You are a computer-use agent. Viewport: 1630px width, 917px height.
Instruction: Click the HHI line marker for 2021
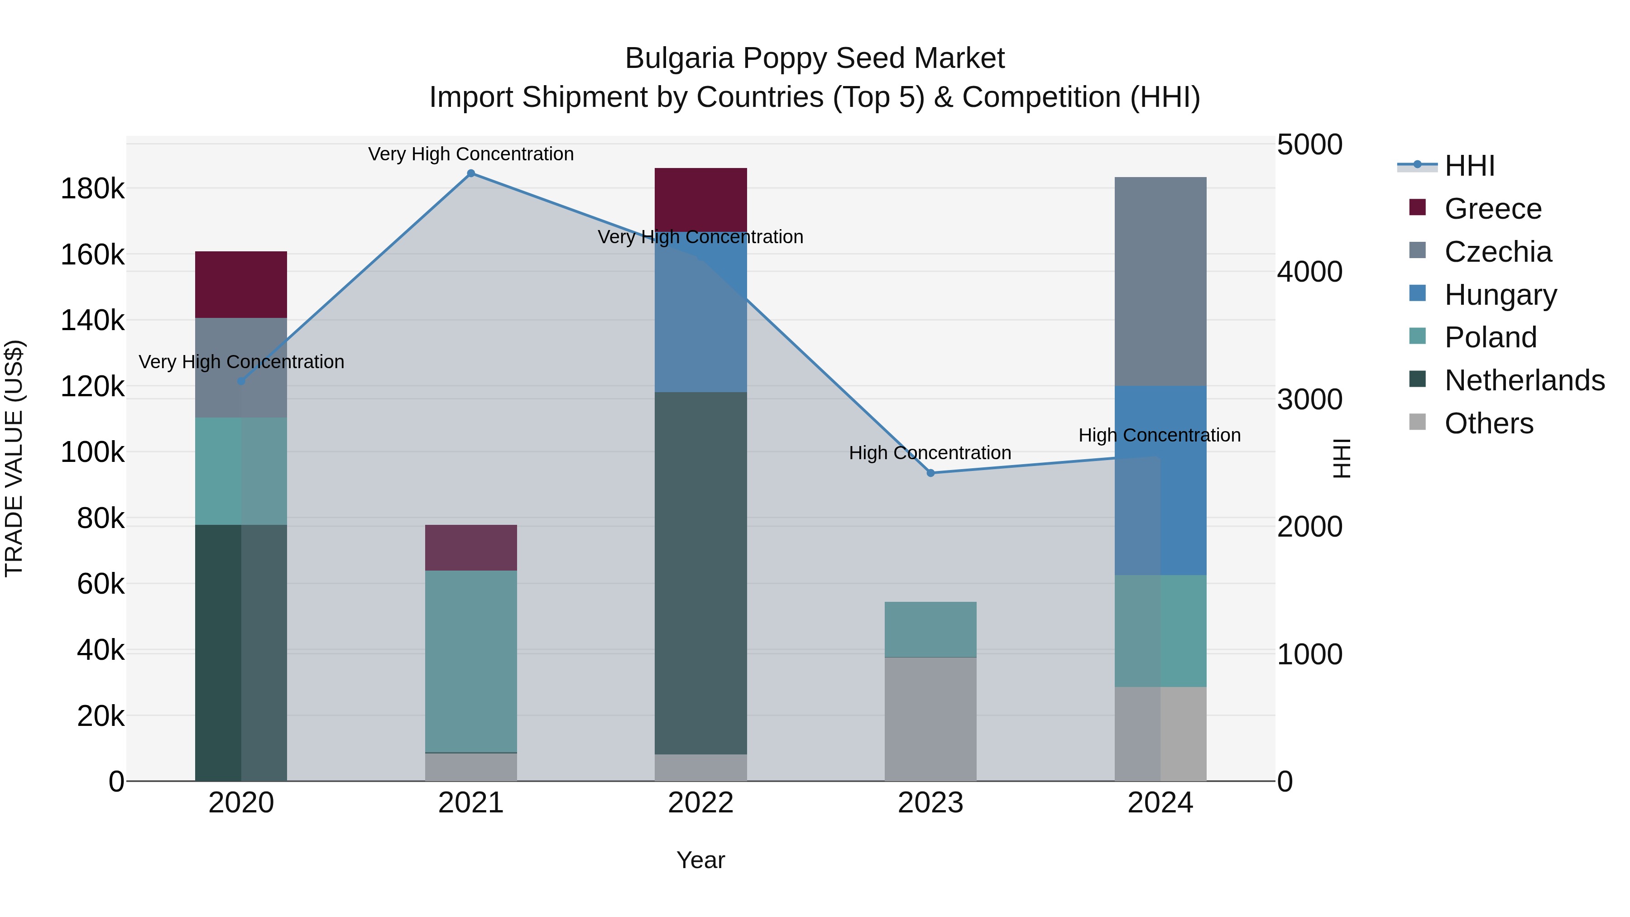(x=471, y=173)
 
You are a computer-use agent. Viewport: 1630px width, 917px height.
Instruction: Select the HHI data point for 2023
(x=930, y=473)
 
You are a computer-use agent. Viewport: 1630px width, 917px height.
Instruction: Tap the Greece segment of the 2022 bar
(x=700, y=199)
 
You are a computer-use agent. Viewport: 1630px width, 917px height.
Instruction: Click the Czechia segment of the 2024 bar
(x=1160, y=282)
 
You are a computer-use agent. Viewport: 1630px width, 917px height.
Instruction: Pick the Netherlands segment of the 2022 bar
(x=700, y=573)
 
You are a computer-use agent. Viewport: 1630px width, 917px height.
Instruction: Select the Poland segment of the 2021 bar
(x=471, y=661)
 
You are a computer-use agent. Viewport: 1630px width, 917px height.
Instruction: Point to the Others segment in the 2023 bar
(x=930, y=719)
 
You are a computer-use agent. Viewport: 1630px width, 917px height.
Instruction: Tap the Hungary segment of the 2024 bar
(x=1160, y=480)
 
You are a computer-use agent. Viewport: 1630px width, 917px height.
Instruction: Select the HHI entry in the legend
(x=1469, y=166)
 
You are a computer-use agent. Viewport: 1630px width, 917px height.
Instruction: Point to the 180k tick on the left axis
(x=92, y=188)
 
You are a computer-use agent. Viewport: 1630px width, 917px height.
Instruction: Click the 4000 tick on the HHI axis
(x=1309, y=272)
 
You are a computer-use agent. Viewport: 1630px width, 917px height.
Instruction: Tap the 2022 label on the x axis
(x=700, y=803)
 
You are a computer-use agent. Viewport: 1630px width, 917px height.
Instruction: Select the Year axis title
(x=700, y=860)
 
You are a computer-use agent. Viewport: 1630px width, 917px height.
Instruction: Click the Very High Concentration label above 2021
(x=471, y=154)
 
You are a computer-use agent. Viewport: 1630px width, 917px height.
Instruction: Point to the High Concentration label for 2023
(x=930, y=453)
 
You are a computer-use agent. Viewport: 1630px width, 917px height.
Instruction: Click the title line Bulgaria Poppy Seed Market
(x=815, y=58)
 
